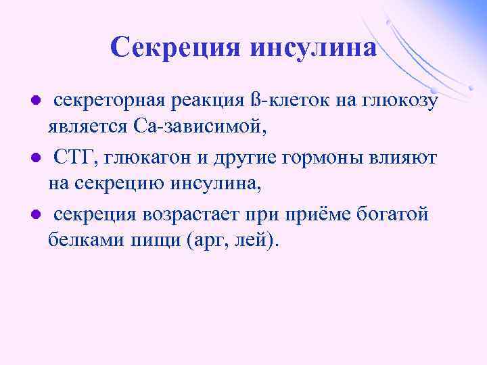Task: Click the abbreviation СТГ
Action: (78, 158)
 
